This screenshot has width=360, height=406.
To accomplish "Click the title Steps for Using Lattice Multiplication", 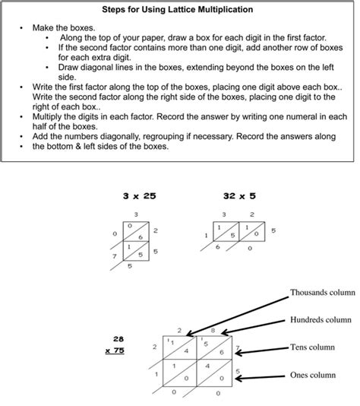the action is (178, 10).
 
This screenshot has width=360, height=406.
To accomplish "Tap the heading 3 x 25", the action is (140, 196).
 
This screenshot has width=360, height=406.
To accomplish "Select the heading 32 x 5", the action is (239, 196).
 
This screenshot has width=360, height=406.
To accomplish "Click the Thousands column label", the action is (323, 292).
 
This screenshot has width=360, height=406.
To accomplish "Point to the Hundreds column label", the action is (321, 320).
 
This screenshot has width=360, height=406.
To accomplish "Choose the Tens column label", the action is (312, 347).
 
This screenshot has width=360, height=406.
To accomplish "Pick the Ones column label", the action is (313, 375).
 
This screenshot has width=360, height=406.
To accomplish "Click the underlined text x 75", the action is (115, 350).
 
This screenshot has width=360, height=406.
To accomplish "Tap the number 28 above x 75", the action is (118, 339).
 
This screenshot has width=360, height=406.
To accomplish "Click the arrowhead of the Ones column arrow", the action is (238, 379).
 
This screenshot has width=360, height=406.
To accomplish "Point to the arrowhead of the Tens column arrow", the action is (238, 353).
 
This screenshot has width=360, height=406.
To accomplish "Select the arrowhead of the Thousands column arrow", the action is (189, 334).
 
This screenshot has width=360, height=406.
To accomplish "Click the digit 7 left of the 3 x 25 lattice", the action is (115, 256).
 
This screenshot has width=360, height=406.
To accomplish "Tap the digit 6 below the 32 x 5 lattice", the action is (217, 247).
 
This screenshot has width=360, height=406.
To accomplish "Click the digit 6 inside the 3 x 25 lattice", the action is (141, 237).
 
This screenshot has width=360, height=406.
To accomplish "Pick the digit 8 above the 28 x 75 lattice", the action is (213, 331).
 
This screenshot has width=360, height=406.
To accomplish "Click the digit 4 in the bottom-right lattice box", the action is (207, 366).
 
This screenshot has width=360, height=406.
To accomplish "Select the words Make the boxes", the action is (64, 28).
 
